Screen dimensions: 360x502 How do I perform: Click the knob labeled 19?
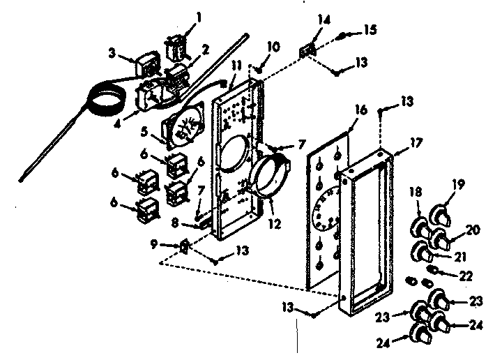pyautogui.click(x=439, y=213)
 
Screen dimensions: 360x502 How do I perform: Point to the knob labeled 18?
pyautogui.click(x=419, y=227)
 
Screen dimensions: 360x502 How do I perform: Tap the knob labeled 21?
pyautogui.click(x=422, y=250)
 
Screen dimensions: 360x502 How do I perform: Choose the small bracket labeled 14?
pyautogui.click(x=305, y=52)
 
